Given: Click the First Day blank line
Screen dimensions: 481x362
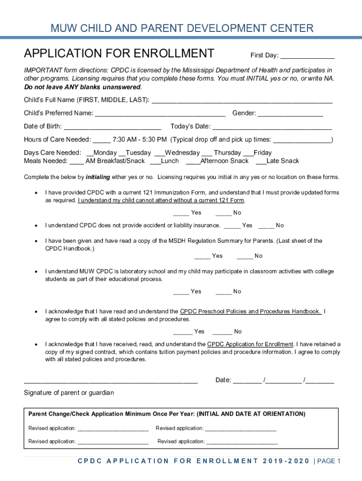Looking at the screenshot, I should coord(307,56).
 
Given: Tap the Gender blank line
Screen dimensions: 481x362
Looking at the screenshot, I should coord(290,114).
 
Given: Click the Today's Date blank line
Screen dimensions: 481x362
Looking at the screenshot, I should coord(272,127).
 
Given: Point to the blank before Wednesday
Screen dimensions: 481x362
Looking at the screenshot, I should coord(159,154).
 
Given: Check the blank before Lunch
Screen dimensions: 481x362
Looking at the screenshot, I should coord(155,162).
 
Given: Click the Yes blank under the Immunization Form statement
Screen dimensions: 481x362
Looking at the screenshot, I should coord(181,213).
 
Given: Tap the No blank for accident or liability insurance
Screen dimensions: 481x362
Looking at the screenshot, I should coord(266,226).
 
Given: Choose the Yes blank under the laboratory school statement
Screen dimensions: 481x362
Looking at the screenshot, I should coord(181,292).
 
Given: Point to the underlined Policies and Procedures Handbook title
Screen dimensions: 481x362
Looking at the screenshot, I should coord(251,311).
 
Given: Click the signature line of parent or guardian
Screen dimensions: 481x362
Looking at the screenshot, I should coord(110,381).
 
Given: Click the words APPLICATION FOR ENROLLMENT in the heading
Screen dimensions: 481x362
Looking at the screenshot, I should coord(119,53).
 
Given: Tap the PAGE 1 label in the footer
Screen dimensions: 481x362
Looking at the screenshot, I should coord(329,461).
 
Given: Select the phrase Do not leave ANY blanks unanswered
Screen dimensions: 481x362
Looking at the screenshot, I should coord(83,87).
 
